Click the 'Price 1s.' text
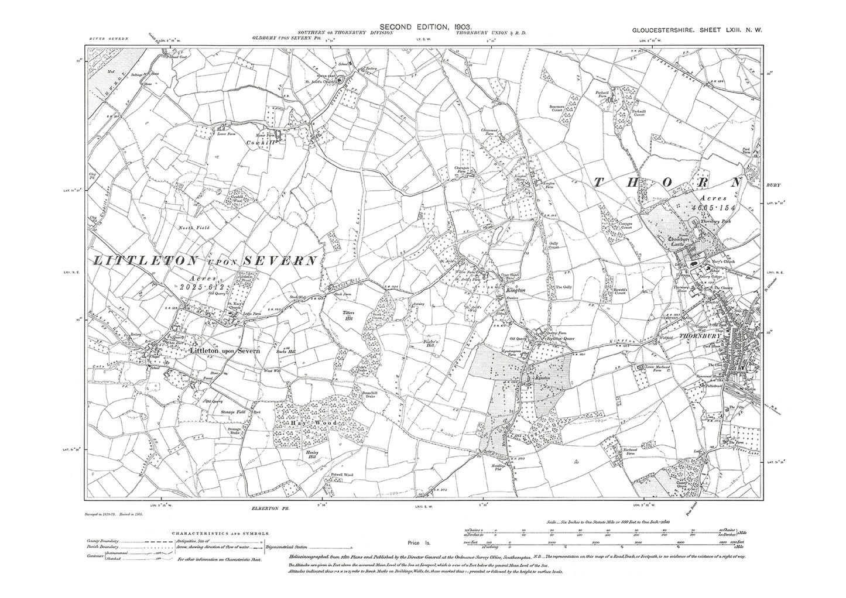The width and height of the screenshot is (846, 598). tap(420, 544)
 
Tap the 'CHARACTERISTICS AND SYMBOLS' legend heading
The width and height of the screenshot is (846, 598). tap(221, 534)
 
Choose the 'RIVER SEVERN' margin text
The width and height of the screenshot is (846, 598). tap(108, 39)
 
